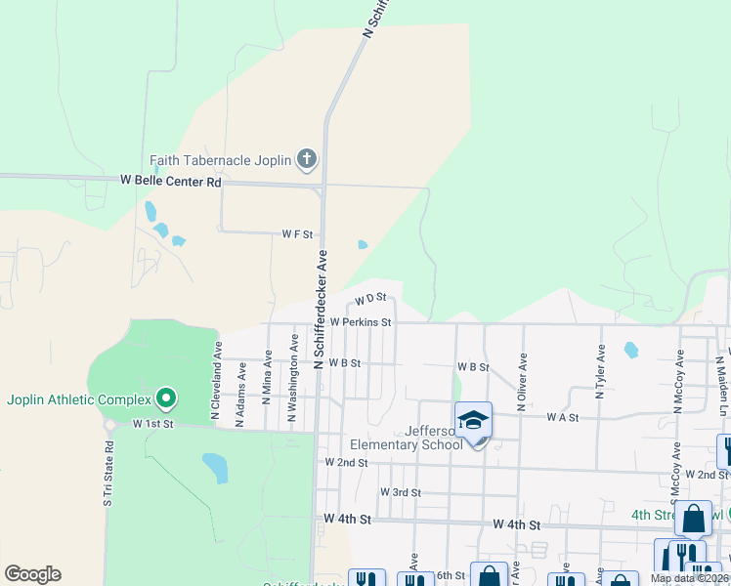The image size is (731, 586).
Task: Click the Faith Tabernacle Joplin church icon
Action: point(307,159)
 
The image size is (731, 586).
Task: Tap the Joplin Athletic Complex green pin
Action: point(166,398)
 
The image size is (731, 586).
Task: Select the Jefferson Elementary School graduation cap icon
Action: point(473,421)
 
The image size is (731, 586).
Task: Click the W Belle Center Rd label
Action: point(171,182)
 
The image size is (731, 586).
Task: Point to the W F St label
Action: point(297,234)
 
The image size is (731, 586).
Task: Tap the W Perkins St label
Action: point(361,321)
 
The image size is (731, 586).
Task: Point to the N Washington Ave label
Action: point(291,380)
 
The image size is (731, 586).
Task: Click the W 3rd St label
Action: point(401,492)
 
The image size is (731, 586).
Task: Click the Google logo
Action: point(32,574)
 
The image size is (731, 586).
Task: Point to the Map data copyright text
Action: point(690,578)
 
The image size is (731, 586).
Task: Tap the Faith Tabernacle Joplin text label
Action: point(221,160)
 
